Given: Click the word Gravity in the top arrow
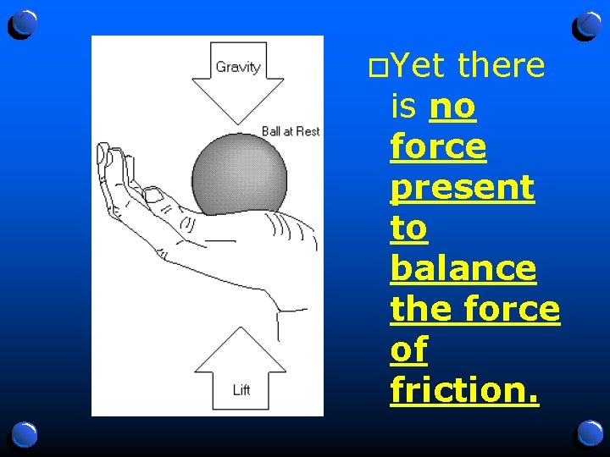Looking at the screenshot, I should click(x=237, y=67).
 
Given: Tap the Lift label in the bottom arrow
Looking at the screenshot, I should click(x=241, y=390).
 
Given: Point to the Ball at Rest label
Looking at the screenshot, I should click(x=291, y=131).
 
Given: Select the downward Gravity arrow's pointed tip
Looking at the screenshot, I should click(x=237, y=121).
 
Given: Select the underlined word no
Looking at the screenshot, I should click(x=453, y=107).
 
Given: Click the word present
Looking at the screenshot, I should click(x=463, y=188).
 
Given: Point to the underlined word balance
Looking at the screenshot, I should click(x=463, y=268).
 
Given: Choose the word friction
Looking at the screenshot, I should click(x=464, y=390).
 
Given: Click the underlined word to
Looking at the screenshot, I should click(x=408, y=228).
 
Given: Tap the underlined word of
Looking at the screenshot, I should click(x=408, y=350).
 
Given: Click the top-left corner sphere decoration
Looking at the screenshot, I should click(x=23, y=25).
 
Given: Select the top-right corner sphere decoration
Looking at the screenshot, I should click(x=587, y=25).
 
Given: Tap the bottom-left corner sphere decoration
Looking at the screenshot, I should click(x=23, y=435).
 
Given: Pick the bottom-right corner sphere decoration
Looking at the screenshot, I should click(x=587, y=434).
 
